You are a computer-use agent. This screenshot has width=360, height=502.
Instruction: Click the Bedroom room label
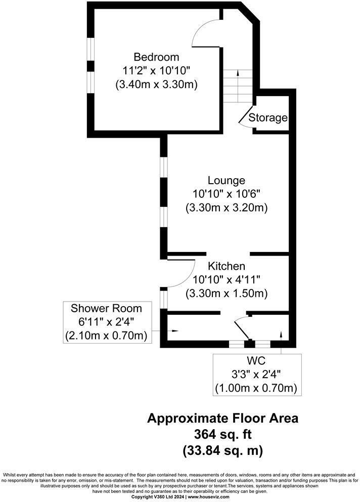click(x=156, y=57)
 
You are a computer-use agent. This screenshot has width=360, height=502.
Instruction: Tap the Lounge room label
click(x=226, y=180)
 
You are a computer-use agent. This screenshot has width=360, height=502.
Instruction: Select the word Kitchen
click(x=226, y=266)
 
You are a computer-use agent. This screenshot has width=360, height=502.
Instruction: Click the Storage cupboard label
click(x=268, y=118)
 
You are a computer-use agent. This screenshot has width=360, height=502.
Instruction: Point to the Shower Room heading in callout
click(x=106, y=308)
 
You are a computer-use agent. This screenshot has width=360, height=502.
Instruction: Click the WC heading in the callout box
click(x=257, y=362)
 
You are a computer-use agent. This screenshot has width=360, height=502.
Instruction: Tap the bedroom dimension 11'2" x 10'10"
click(x=156, y=70)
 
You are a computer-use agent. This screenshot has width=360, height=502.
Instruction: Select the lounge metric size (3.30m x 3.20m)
click(x=226, y=207)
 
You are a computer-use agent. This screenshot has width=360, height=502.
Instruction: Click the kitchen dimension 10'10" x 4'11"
click(x=226, y=279)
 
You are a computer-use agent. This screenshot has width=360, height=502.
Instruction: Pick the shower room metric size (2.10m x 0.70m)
click(x=106, y=335)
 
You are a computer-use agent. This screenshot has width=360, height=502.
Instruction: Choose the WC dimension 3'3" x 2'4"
click(x=257, y=375)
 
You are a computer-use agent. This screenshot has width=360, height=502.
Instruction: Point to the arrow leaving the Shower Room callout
click(x=170, y=331)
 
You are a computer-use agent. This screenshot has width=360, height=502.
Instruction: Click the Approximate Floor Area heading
click(x=222, y=419)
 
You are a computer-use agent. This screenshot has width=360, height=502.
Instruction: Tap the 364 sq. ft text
click(x=222, y=434)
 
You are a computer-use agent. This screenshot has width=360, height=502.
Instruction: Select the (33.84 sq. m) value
click(x=222, y=449)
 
